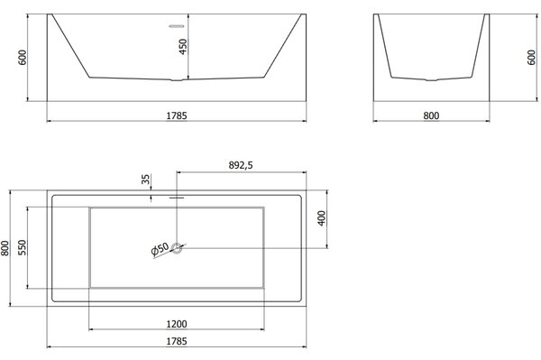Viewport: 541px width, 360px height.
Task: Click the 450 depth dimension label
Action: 183,46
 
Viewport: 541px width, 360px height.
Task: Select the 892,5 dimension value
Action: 241,165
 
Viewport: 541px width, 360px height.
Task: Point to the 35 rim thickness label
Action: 146,180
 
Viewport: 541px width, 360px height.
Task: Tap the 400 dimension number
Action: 321,218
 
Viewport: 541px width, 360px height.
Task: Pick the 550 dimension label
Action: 22,247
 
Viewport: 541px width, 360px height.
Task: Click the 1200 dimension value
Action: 177,324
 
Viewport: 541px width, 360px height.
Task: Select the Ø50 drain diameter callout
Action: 160,249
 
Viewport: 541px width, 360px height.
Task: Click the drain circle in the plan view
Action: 177,248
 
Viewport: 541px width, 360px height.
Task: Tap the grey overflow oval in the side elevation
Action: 177,26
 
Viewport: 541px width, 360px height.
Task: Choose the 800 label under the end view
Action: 431,115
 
